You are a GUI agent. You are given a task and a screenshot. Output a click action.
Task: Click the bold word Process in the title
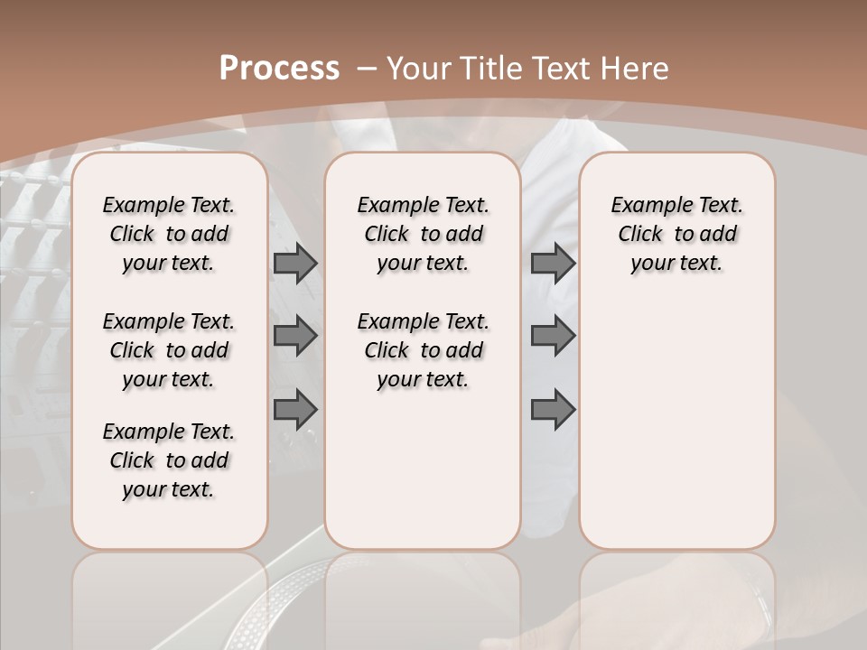279,69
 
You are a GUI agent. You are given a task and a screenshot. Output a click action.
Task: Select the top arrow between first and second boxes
295,263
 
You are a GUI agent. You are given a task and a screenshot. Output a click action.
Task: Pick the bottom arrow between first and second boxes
295,409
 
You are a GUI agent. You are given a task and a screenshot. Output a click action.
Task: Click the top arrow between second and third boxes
553,263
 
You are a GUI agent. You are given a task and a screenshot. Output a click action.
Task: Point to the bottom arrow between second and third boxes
553,409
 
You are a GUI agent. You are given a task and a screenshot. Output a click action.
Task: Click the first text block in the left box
169,234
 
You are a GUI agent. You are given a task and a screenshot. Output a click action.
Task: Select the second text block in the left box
169,350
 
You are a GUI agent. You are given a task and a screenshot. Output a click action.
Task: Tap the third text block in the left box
169,460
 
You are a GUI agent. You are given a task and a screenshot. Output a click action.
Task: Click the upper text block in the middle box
423,234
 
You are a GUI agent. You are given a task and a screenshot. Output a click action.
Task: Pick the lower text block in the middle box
423,350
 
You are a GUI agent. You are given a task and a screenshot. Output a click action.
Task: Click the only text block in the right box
676,234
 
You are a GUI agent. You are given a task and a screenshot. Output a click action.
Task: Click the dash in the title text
366,69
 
